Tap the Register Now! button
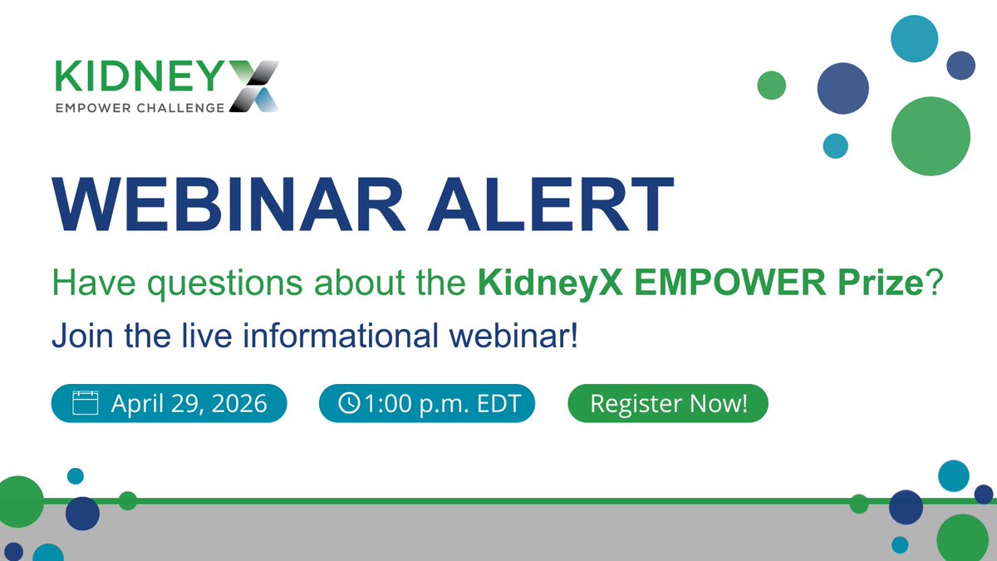click(668, 405)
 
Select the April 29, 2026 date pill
click(169, 405)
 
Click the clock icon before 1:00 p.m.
click(349, 405)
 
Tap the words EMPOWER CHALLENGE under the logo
click(140, 107)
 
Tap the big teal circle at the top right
click(914, 37)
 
